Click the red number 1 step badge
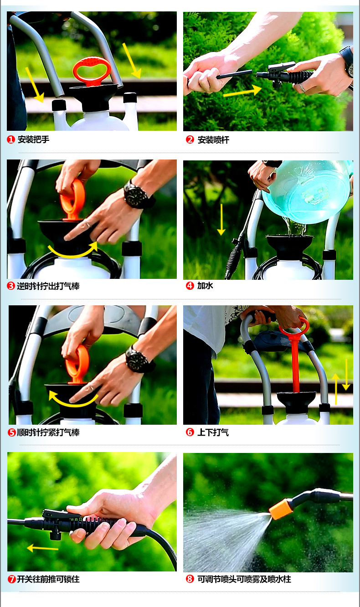[x=10, y=139]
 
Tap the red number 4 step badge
[x=190, y=286]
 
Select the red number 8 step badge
[x=190, y=579]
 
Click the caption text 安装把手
[x=34, y=139]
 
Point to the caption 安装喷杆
[x=213, y=140]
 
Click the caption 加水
[x=205, y=286]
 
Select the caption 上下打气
[x=213, y=432]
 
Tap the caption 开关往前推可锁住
[x=48, y=579]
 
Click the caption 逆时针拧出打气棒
[x=48, y=286]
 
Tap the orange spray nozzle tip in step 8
[x=281, y=509]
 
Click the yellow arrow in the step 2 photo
[x=242, y=91]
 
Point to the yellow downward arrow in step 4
[x=221, y=220]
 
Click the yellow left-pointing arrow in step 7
[x=42, y=548]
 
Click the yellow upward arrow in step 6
[x=336, y=389]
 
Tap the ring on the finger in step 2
[x=303, y=87]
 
